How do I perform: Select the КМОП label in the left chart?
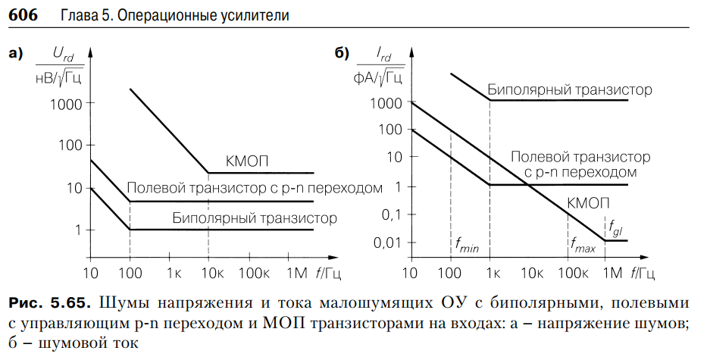247,161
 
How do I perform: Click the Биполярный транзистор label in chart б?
569,90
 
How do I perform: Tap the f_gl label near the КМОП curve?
615,225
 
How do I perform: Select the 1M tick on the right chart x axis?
607,272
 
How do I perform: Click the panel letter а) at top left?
17,53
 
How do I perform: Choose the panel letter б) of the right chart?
342,53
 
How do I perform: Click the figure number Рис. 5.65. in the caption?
48,304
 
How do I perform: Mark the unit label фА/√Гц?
378,76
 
